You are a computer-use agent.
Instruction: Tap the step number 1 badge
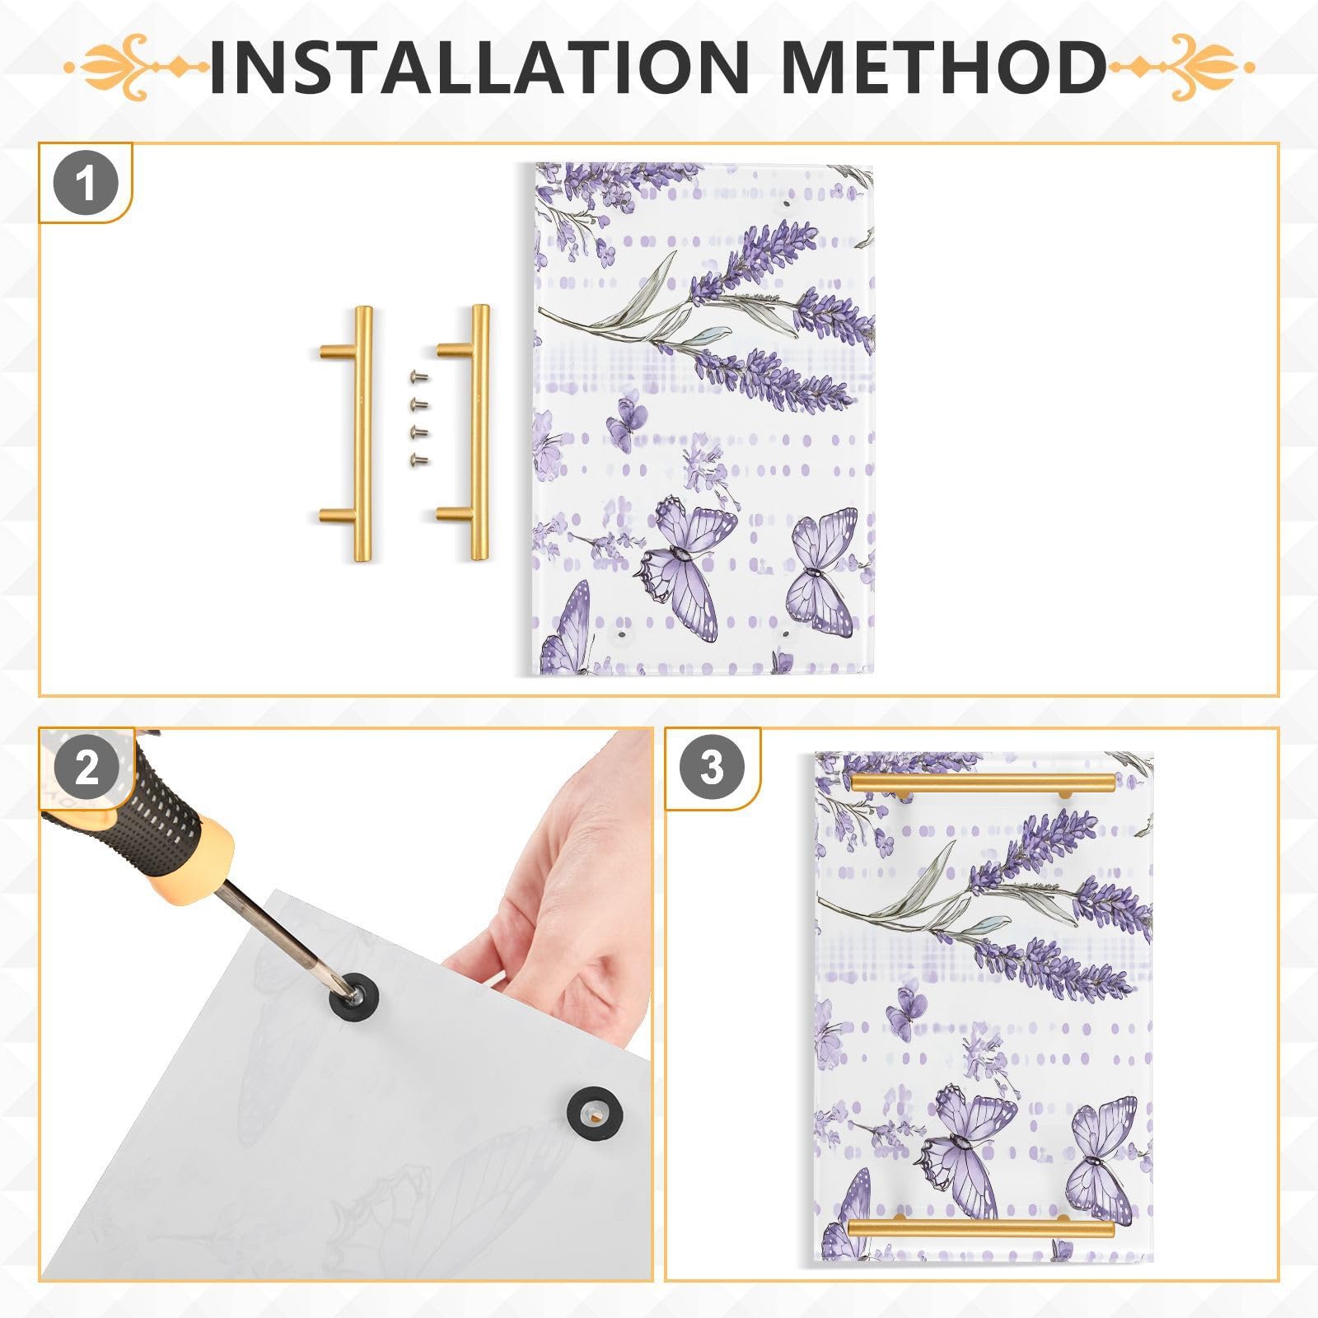86,184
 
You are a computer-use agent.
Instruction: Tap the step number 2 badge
86,768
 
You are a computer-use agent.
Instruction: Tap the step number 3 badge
712,768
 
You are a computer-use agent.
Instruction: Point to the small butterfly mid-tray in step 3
905,1010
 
